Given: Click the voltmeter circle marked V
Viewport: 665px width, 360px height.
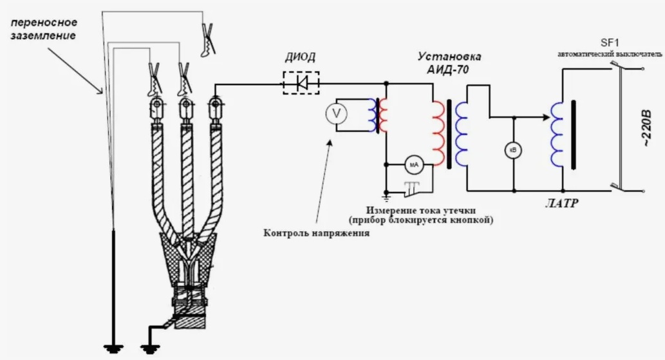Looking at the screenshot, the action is tap(337, 113).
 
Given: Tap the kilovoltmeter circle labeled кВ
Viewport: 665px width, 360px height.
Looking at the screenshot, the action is tap(514, 150).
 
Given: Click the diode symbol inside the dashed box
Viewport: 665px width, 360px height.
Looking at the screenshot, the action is tap(302, 82).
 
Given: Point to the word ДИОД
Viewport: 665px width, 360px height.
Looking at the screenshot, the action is tap(300, 57).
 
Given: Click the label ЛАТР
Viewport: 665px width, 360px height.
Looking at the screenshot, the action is tap(561, 204).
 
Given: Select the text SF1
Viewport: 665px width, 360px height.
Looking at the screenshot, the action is tap(610, 43).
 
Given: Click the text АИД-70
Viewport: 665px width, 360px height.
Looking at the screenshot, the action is tap(448, 70).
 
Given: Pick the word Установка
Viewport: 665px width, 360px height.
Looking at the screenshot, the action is tap(449, 57).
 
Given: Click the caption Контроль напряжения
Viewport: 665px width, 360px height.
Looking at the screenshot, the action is tap(316, 233).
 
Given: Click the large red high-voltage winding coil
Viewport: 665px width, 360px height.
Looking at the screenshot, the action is tap(438, 133).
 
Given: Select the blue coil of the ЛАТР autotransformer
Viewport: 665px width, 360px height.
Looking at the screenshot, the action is tap(557, 134).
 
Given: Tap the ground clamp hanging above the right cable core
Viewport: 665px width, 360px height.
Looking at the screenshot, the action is tap(208, 41).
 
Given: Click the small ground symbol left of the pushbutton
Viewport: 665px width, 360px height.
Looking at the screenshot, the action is tap(386, 196).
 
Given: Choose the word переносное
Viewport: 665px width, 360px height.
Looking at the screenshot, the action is tap(44, 22).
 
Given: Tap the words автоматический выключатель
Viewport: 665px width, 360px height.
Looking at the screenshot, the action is tap(610, 54).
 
